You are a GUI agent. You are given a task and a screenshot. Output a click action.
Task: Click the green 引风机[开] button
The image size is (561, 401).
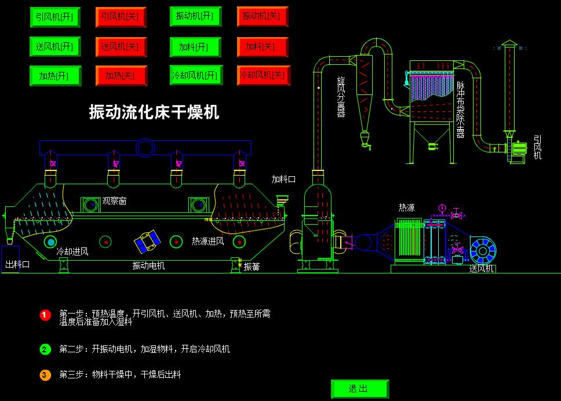(x=54, y=17)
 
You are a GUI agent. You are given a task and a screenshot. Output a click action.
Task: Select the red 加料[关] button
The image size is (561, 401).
(x=262, y=46)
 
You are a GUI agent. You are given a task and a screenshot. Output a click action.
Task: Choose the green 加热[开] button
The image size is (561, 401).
(x=54, y=76)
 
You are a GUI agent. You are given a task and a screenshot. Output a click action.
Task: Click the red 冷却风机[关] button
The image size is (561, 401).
(x=263, y=75)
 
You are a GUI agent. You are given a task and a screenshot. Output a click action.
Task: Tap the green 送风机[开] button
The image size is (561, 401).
(x=54, y=46)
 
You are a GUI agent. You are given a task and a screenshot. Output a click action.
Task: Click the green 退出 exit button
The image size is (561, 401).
(x=359, y=388)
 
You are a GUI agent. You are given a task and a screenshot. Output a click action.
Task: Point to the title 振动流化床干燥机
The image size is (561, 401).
(x=154, y=112)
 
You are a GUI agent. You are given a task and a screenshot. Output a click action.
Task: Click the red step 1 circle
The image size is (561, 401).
(x=46, y=315)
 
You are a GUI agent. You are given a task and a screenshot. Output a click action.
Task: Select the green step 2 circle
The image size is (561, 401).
(x=46, y=349)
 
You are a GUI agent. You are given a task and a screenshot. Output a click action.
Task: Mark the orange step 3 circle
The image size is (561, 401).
(x=46, y=375)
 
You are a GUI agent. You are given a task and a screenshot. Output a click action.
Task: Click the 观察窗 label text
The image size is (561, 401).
(x=114, y=201)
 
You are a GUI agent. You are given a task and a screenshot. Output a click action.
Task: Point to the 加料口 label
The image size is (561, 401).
(x=283, y=179)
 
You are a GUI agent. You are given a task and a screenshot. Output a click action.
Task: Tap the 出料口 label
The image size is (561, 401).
(x=17, y=264)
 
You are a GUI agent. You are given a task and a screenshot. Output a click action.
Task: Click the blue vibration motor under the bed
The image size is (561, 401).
(x=147, y=242)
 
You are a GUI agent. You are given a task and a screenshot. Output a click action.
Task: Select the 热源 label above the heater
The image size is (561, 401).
(x=406, y=207)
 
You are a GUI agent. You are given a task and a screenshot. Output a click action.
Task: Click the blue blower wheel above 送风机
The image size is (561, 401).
(x=482, y=250)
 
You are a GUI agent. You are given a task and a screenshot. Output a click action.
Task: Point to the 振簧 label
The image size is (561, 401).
(x=252, y=267)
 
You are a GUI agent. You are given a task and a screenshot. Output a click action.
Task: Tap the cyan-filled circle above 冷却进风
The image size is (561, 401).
(x=51, y=242)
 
